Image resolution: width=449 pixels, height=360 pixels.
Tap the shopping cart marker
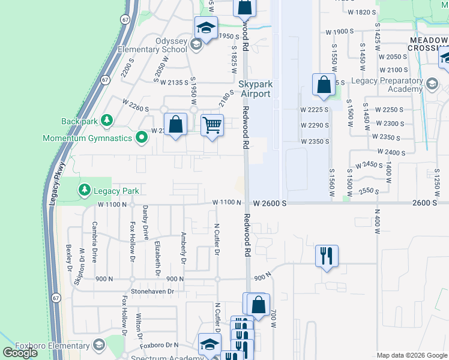click(212, 125)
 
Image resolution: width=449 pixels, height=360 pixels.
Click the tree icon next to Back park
click(107, 121)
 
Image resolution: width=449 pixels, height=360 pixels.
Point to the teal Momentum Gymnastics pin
click(142, 138)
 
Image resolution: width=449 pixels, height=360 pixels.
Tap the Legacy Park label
click(116, 191)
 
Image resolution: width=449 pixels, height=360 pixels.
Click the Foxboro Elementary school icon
click(98, 345)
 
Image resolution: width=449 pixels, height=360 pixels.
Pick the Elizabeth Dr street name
click(158, 258)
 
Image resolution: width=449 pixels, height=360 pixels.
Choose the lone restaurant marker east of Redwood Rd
click(326, 256)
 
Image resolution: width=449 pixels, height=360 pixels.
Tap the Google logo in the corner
click(20, 353)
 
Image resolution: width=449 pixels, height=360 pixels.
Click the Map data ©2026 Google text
click(412, 355)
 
